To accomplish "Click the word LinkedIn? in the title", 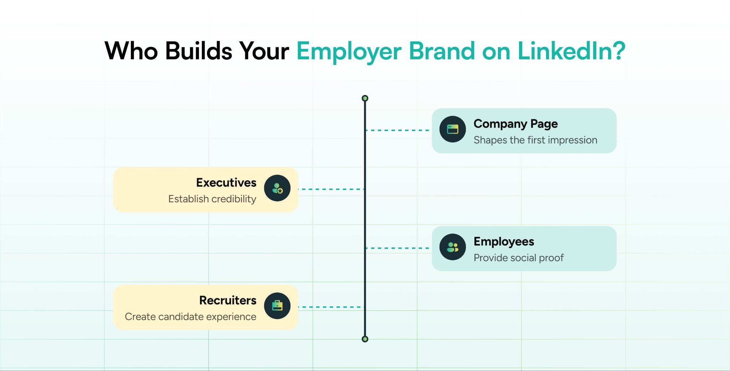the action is [571, 51].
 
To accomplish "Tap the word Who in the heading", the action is [131, 51].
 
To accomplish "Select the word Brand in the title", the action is [442, 51].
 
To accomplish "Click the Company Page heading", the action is [515, 124].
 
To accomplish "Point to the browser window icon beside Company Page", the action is [453, 129].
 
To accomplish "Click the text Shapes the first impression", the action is [535, 140].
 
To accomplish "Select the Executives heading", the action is [226, 182].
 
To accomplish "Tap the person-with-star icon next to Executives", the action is [277, 188].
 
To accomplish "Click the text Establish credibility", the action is [212, 199].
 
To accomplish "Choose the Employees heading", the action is [504, 242].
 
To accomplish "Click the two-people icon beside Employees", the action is [453, 247].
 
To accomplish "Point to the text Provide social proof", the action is [519, 258].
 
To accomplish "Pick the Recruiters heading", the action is [228, 300].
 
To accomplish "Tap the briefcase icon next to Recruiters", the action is [277, 306].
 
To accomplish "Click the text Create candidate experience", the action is [190, 317].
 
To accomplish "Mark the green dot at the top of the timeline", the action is [365, 98].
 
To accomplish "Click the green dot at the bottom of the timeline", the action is [365, 339].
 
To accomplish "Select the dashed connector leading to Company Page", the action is [398, 130].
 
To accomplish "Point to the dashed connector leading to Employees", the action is [398, 248].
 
